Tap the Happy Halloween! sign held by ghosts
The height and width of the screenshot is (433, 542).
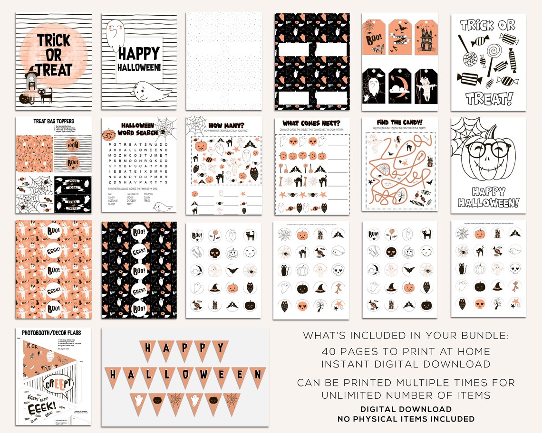click(139, 59)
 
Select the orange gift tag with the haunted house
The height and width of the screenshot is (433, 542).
click(426, 37)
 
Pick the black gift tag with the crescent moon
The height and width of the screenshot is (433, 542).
click(400, 86)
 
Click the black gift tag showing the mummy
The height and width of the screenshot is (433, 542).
click(426, 86)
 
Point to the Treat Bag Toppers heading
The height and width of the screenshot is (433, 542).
click(53, 122)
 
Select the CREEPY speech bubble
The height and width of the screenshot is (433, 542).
click(59, 382)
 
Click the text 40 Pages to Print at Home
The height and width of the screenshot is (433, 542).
click(406, 352)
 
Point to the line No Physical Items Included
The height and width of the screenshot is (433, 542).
click(406, 419)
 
